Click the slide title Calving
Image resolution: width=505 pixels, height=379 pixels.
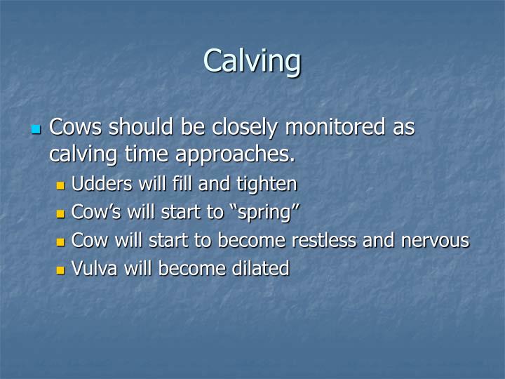pyautogui.click(x=252, y=61)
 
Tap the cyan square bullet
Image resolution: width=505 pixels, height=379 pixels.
pyautogui.click(x=37, y=130)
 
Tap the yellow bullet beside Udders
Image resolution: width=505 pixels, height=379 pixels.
pyautogui.click(x=60, y=186)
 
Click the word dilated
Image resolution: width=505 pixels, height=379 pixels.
pyautogui.click(x=259, y=268)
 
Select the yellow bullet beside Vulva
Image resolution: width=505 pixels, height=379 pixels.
pyautogui.click(x=60, y=270)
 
